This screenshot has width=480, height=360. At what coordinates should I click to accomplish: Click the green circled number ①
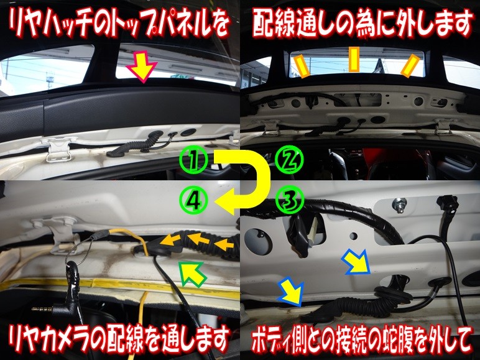tap(193, 160)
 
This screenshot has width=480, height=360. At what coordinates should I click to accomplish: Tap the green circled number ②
tap(289, 160)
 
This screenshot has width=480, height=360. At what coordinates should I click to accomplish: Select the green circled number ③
tap(289, 200)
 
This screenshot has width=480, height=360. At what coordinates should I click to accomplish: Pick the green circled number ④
tap(193, 200)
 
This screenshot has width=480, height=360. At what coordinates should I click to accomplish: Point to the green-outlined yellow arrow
tap(192, 274)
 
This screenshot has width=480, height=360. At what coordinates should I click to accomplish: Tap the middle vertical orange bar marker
tap(354, 60)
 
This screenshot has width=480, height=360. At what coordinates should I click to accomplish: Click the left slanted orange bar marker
tap(302, 66)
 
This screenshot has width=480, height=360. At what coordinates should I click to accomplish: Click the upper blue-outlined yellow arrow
tap(357, 262)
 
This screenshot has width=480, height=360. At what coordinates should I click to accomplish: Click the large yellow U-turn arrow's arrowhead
tap(224, 201)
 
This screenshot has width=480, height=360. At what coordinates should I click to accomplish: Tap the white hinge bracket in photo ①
tap(58, 148)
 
